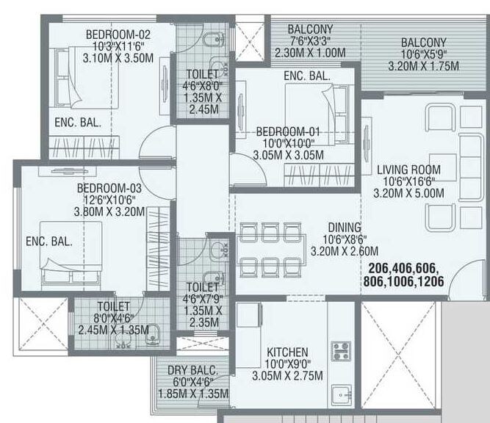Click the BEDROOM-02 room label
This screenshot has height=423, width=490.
(118, 34)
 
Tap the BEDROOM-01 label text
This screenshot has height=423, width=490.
(288, 131)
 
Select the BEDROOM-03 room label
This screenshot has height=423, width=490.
(109, 188)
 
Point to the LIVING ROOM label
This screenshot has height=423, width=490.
(409, 167)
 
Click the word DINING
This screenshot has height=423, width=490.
(324, 228)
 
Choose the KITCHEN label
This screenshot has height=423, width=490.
(288, 352)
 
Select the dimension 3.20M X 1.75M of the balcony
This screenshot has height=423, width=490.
(423, 66)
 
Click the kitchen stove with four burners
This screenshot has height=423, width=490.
(341, 350)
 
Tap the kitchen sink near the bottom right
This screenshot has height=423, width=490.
(339, 394)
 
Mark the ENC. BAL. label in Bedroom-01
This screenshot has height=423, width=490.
(307, 76)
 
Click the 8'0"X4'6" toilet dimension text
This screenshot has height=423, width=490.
(113, 318)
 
